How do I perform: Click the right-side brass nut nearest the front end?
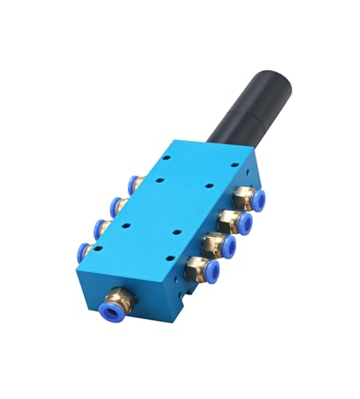tap(194, 268)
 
